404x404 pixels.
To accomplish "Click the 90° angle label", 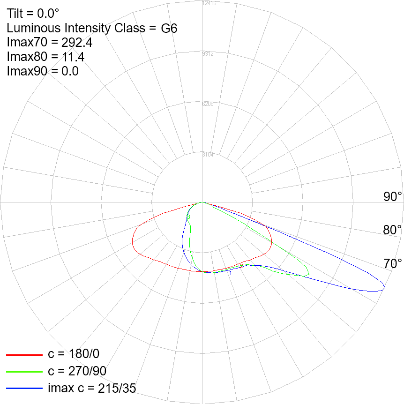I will [x=393, y=197].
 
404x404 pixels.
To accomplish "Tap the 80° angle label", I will [x=393, y=230].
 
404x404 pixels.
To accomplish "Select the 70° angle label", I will [x=393, y=263].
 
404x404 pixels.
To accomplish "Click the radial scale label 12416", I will [x=208, y=4].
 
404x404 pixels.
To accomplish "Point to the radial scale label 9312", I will [x=208, y=54].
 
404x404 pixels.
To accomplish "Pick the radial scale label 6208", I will [x=208, y=104].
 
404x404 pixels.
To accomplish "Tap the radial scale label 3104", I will [x=208, y=155].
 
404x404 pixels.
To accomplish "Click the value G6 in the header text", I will [x=169, y=28].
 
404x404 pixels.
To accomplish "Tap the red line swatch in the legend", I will [x=24, y=354].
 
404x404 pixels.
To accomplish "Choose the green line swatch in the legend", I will [x=24, y=371].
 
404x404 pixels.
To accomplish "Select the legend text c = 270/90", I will [x=77, y=371].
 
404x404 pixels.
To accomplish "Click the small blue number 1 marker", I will [x=231, y=273].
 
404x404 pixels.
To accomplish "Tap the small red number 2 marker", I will [x=241, y=266].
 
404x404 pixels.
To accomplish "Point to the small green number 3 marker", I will [x=188, y=217].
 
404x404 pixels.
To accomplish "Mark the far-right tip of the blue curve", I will [x=385, y=287].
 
